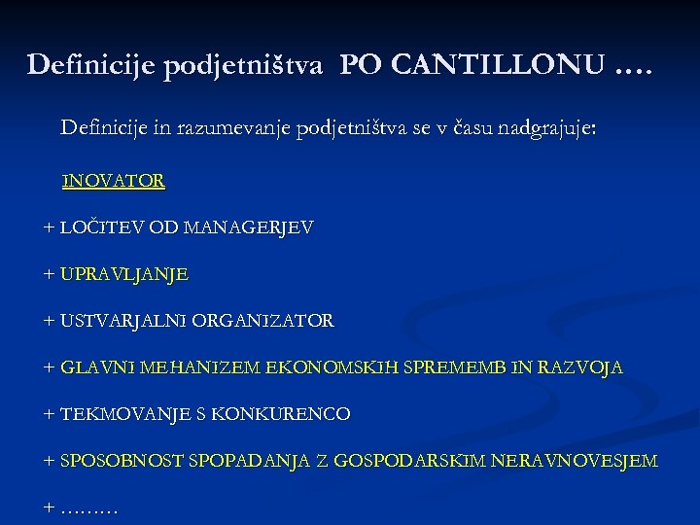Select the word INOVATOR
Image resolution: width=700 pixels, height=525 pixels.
click(x=113, y=182)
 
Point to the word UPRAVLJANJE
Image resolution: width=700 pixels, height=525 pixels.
click(x=124, y=275)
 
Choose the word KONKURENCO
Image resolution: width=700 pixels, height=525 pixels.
click(x=293, y=414)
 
